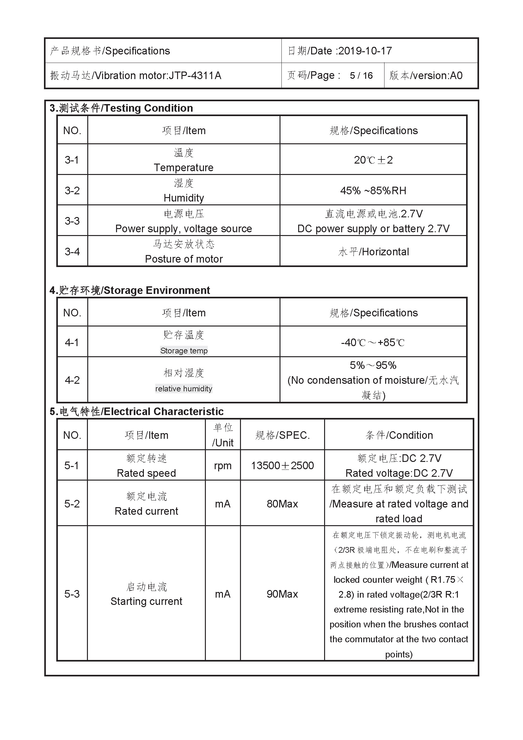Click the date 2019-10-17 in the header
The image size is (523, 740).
pos(365,51)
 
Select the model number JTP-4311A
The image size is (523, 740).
pos(195,75)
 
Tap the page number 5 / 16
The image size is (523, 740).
pos(361,75)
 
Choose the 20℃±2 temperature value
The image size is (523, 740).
pos(373,160)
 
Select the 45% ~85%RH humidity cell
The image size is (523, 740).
pos(373,190)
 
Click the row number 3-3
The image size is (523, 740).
pos(72,221)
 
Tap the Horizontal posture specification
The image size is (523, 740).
pos(385,252)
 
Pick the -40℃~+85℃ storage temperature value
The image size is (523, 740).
pos(372,342)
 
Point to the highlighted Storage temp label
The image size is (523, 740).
pos(184,351)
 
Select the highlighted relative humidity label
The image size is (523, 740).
pos(184,389)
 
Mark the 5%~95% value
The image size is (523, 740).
pos(373,365)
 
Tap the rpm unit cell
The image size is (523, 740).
pos(223,466)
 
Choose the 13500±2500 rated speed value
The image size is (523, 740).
pos(282,466)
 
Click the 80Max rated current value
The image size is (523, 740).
pos(282,504)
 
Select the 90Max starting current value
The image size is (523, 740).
pos(282,594)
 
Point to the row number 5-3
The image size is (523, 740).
pos(72,594)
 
